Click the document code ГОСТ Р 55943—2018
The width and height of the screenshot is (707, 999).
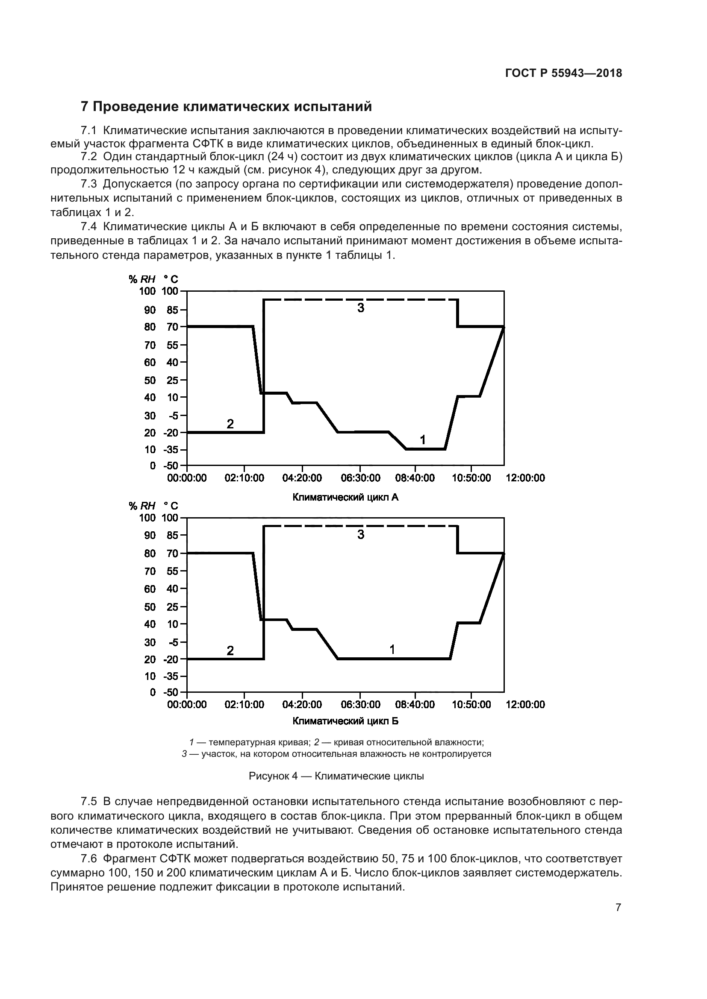pos(563,73)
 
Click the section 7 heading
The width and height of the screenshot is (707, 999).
pos(227,107)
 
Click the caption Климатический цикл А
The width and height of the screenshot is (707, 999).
pos(345,497)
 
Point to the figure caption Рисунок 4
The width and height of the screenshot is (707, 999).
pos(336,776)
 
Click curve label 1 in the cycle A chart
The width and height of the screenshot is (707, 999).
pos(422,440)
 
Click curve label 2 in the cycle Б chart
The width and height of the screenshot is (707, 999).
pos(230,650)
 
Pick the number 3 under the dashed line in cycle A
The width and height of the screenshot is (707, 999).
pos(360,308)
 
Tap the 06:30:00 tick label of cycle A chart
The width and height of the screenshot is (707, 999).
pos(360,478)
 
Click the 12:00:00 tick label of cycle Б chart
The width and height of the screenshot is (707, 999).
pos(525,704)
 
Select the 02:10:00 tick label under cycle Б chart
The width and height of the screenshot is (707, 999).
pos(244,704)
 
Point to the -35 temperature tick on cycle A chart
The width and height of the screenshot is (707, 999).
pos(171,449)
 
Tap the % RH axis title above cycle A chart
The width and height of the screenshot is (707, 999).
pos(142,279)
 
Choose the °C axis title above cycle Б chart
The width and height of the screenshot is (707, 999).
pos(171,506)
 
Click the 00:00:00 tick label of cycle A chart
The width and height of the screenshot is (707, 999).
pos(187,478)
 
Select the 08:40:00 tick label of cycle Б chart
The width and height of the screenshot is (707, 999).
pos(415,704)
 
